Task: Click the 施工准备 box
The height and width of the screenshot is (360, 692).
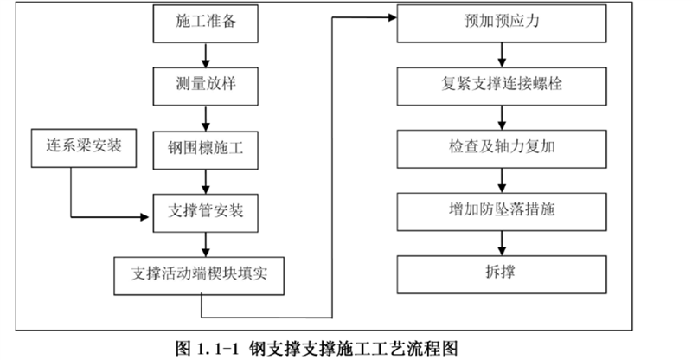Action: click(205, 24)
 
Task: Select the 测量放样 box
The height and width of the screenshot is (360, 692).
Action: click(205, 87)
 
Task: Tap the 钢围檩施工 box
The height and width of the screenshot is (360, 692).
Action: click(205, 151)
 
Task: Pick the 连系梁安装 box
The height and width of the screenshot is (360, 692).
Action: click(84, 148)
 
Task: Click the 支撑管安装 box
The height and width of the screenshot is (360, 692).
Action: click(205, 213)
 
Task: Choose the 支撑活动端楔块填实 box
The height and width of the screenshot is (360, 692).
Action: click(199, 276)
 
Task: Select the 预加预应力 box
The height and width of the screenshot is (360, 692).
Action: click(502, 24)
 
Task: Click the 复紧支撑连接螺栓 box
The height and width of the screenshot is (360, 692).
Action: click(502, 87)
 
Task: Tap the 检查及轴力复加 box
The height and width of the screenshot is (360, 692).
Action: click(502, 149)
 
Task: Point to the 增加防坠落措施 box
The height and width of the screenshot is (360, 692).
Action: click(502, 211)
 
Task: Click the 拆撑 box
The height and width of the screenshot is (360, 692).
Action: click(502, 274)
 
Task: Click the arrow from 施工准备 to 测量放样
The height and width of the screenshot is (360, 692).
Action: click(205, 55)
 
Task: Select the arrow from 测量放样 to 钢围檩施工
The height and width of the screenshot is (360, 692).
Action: click(205, 119)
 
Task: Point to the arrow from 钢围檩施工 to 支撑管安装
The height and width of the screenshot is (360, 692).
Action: click(205, 182)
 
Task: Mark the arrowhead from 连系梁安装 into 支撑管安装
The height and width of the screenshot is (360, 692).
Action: click(144, 217)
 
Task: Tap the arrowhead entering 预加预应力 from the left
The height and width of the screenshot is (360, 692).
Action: click(393, 17)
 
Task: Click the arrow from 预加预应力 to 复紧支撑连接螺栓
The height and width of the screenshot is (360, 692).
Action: click(502, 55)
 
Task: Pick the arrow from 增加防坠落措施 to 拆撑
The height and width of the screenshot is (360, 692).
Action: click(502, 243)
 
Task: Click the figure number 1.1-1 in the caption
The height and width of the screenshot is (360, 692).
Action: click(217, 349)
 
